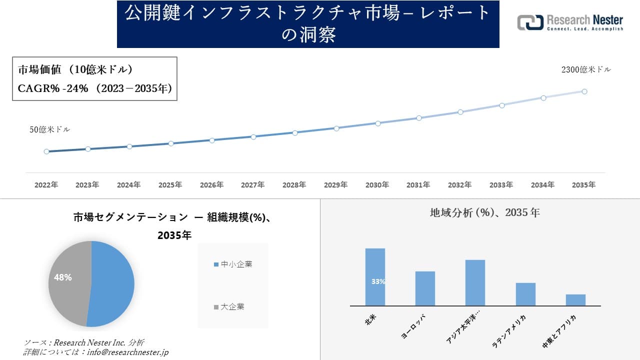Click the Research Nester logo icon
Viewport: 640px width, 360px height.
coord(530,22)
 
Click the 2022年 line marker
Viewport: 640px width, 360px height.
coord(46,151)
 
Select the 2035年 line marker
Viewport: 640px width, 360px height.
coord(584,91)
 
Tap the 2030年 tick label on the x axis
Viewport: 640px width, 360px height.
coord(377,185)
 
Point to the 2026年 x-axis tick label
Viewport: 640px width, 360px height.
coord(211,185)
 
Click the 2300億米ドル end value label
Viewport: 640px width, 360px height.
coord(586,70)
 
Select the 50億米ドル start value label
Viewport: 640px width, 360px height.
coord(50,129)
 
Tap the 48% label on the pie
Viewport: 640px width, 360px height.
coord(63,277)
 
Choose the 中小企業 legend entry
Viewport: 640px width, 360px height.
coord(233,264)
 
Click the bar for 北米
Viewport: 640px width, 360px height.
coord(375,276)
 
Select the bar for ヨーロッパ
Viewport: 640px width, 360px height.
coord(425,288)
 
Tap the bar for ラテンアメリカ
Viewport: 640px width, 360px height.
coord(525,294)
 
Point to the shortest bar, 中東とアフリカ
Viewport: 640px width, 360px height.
coord(575,300)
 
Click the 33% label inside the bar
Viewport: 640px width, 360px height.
coord(378,281)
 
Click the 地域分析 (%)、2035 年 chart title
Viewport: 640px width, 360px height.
coord(484,212)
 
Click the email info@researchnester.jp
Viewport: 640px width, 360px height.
coord(127,352)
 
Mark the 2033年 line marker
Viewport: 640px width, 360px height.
coord(501,105)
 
